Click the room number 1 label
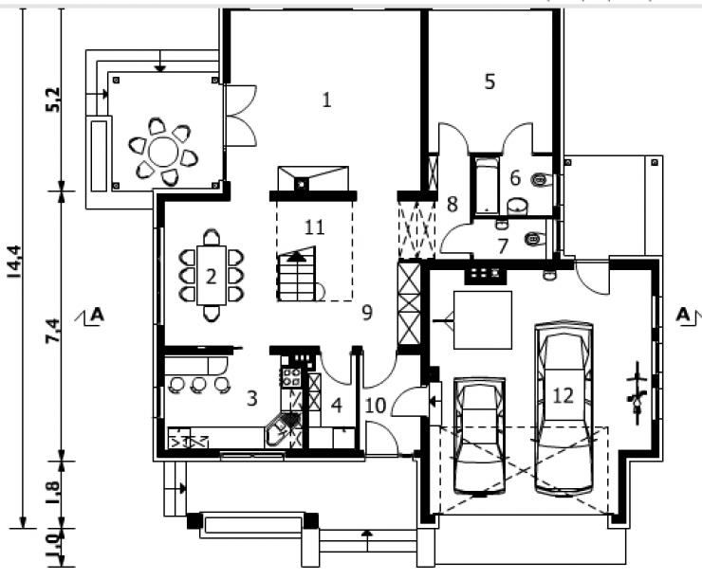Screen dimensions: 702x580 click(x=327, y=100)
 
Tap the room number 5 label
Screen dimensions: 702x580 click(x=490, y=82)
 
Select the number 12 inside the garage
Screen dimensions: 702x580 click(x=563, y=395)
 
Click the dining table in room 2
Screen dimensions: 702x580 click(x=212, y=276)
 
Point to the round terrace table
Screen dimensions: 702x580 click(x=163, y=152)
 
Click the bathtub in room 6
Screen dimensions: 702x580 click(x=487, y=185)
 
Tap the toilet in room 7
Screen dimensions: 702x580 click(x=534, y=239)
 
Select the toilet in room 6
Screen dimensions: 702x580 click(x=542, y=180)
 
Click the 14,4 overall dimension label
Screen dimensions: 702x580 click(x=16, y=262)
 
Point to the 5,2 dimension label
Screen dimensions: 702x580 click(x=53, y=100)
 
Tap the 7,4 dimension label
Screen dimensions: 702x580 click(x=53, y=331)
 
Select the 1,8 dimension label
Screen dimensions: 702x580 click(x=52, y=492)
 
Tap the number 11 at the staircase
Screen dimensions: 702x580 click(x=314, y=227)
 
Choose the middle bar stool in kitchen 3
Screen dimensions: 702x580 click(x=198, y=385)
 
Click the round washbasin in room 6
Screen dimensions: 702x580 click(x=518, y=207)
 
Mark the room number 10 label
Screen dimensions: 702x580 click(x=375, y=406)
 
